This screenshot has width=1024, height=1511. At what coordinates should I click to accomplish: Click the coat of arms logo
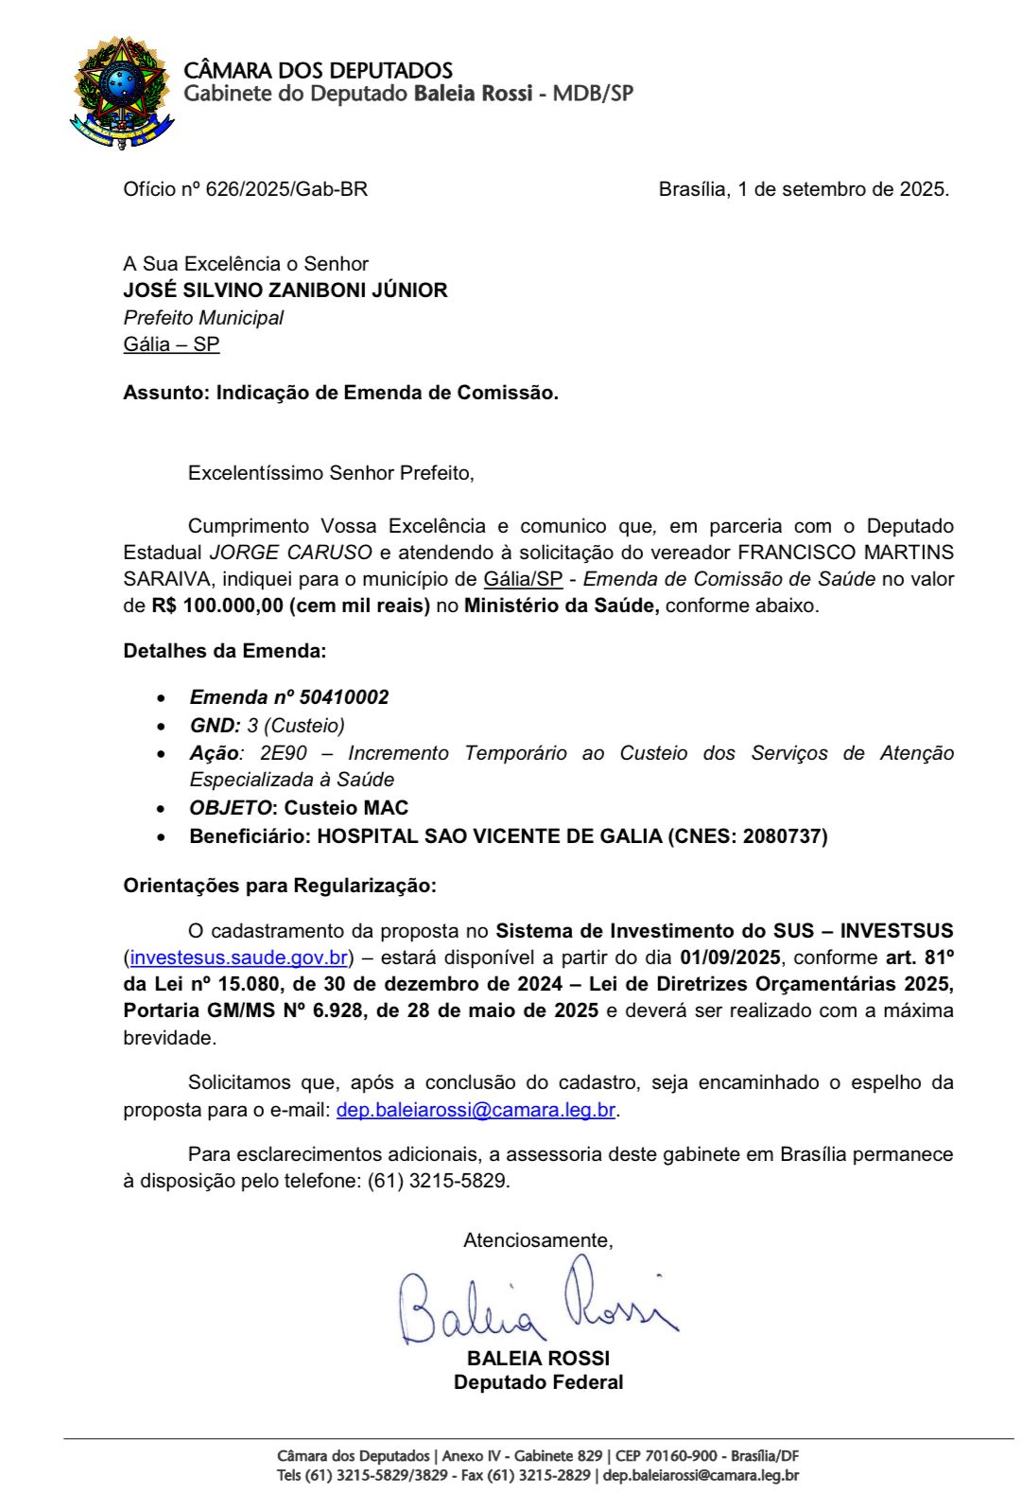(121, 92)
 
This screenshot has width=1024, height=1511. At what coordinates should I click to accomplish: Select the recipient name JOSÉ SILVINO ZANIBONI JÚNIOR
(285, 290)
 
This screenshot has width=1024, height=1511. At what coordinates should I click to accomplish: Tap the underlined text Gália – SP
(171, 344)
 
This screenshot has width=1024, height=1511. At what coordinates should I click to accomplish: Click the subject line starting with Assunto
(340, 393)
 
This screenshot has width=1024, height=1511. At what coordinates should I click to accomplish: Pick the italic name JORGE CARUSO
(290, 553)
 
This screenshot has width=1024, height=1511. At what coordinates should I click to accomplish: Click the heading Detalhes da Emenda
(224, 651)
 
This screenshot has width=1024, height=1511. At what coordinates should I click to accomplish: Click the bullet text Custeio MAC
(346, 808)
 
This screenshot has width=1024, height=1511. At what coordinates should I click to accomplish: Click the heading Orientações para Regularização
(279, 886)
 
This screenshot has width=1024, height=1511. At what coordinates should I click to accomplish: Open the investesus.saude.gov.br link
(238, 958)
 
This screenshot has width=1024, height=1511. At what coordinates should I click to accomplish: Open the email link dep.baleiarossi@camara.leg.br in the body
(476, 1110)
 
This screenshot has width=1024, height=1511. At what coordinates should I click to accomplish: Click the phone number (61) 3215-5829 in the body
(438, 1182)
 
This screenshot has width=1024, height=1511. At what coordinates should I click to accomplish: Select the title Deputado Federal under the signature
(538, 1382)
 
